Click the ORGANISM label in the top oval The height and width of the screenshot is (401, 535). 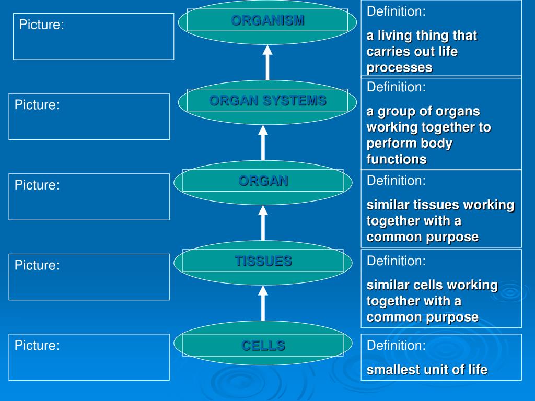[x=267, y=20]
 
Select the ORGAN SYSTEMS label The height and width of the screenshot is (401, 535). [x=267, y=101]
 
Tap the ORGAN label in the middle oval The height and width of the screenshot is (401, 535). [x=263, y=181]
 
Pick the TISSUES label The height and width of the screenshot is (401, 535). [x=263, y=261]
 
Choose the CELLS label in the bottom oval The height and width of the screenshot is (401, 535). [x=263, y=345]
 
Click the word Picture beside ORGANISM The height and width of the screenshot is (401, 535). [x=41, y=25]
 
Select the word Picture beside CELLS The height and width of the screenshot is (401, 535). [x=37, y=345]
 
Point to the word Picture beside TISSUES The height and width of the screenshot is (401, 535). [x=37, y=265]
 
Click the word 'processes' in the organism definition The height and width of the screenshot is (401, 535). [x=399, y=67]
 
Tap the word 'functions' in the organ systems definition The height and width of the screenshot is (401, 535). [x=397, y=159]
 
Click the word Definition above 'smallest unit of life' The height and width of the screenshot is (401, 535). [x=396, y=345]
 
